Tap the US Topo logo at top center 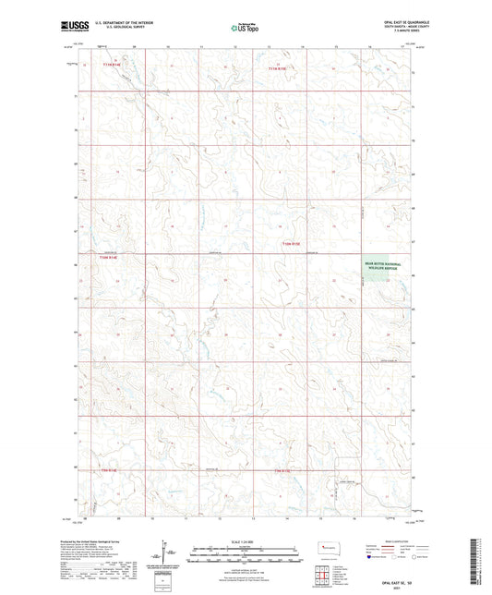(243, 29)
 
